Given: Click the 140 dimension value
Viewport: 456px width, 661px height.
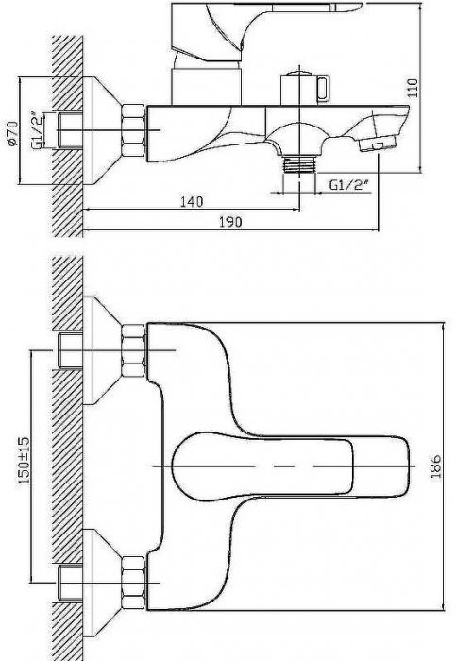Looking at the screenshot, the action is click(192, 201).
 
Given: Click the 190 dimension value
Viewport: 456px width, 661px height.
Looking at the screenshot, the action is click(231, 222).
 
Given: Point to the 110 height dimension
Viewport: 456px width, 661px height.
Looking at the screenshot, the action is click(414, 88).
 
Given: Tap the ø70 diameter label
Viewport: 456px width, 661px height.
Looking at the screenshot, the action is click(12, 132).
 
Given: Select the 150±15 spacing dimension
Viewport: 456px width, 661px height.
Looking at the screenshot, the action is click(24, 460).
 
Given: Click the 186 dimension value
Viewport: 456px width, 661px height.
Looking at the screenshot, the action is click(435, 466).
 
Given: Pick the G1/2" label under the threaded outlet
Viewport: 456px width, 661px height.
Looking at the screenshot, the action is click(348, 185).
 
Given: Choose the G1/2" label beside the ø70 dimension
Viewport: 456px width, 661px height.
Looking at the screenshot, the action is click(37, 130).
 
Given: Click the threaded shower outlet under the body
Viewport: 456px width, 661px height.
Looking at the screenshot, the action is click(299, 164).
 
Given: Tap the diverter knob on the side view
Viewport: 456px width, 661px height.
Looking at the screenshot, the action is click(305, 89).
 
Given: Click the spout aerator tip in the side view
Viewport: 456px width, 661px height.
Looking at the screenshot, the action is click(377, 144).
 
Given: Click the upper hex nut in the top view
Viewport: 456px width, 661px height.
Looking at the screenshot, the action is click(133, 350).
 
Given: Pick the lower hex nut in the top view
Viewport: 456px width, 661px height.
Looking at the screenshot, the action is click(133, 583).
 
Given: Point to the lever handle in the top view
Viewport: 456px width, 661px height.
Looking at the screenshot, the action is click(291, 466).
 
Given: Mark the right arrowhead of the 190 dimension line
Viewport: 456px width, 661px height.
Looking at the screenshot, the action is click(376, 229).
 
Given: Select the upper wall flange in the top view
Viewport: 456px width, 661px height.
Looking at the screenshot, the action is click(101, 350).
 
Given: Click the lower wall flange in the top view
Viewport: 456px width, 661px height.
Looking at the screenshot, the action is click(101, 583).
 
